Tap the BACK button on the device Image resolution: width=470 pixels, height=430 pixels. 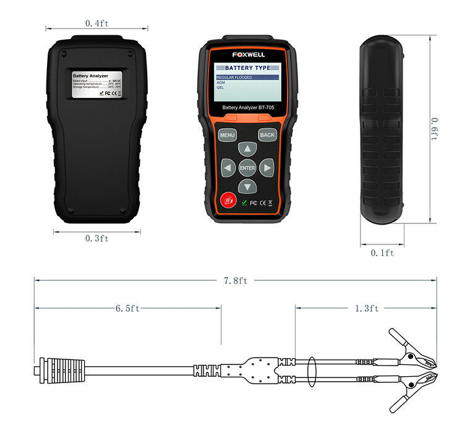click(267, 134)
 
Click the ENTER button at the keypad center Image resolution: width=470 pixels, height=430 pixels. click(247, 168)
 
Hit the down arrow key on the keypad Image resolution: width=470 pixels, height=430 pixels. click(247, 186)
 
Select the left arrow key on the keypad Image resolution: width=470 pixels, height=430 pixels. click(229, 168)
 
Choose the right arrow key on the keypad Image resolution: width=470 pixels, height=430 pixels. click(266, 168)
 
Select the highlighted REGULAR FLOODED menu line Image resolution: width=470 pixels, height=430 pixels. click(235, 77)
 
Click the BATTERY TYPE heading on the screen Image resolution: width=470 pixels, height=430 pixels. click(247, 67)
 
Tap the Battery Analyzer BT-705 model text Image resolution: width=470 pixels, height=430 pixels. click(247, 108)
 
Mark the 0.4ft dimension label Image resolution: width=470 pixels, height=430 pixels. click(97, 24)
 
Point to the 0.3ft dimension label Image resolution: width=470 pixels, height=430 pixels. click(97, 239)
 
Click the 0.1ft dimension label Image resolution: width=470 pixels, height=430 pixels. click(382, 252)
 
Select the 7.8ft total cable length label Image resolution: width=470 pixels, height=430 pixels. click(235, 280)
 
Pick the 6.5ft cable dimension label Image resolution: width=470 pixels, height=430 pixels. click(127, 308)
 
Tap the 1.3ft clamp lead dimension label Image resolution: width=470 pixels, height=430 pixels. click(366, 308)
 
